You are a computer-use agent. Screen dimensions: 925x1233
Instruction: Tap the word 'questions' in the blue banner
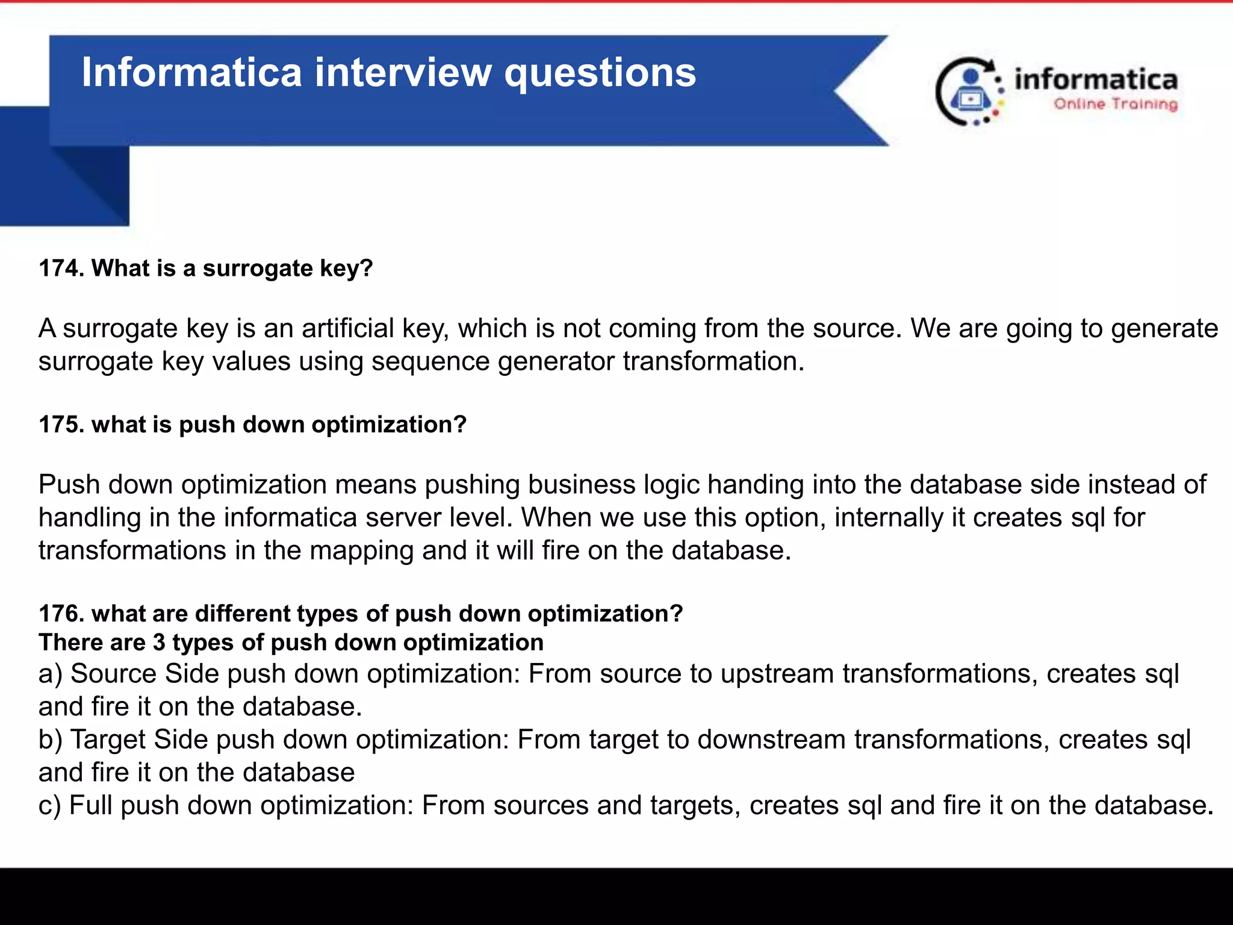point(600,73)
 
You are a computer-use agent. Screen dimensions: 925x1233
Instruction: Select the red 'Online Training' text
point(1115,104)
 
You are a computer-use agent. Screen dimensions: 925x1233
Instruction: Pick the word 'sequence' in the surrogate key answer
point(430,361)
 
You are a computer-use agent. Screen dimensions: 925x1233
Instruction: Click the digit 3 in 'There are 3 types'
point(159,643)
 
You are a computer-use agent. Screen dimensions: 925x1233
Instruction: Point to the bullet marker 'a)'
point(51,674)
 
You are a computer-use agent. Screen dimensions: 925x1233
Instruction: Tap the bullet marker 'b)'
point(51,740)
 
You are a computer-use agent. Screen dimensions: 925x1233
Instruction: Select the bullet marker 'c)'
point(50,806)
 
